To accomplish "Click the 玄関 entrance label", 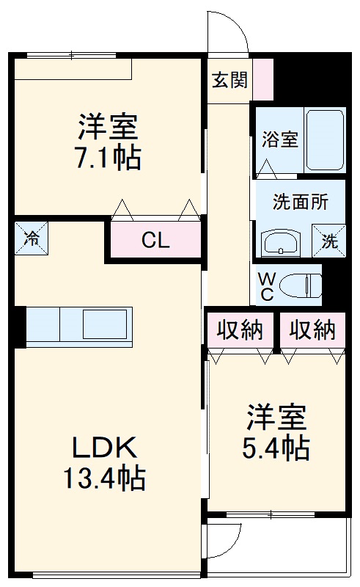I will [229, 80].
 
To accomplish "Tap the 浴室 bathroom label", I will [280, 139].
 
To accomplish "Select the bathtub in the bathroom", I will [324, 140].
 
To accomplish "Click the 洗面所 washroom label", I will [300, 201].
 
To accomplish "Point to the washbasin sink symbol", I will [280, 241].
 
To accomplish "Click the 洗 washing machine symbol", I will [330, 241].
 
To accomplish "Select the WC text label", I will [267, 286].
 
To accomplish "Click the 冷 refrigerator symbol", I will [32, 238].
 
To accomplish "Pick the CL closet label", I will [156, 241].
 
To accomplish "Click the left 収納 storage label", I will [240, 331].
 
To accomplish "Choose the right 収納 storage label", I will [312, 331].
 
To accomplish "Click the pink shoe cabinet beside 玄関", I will [263, 79].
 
